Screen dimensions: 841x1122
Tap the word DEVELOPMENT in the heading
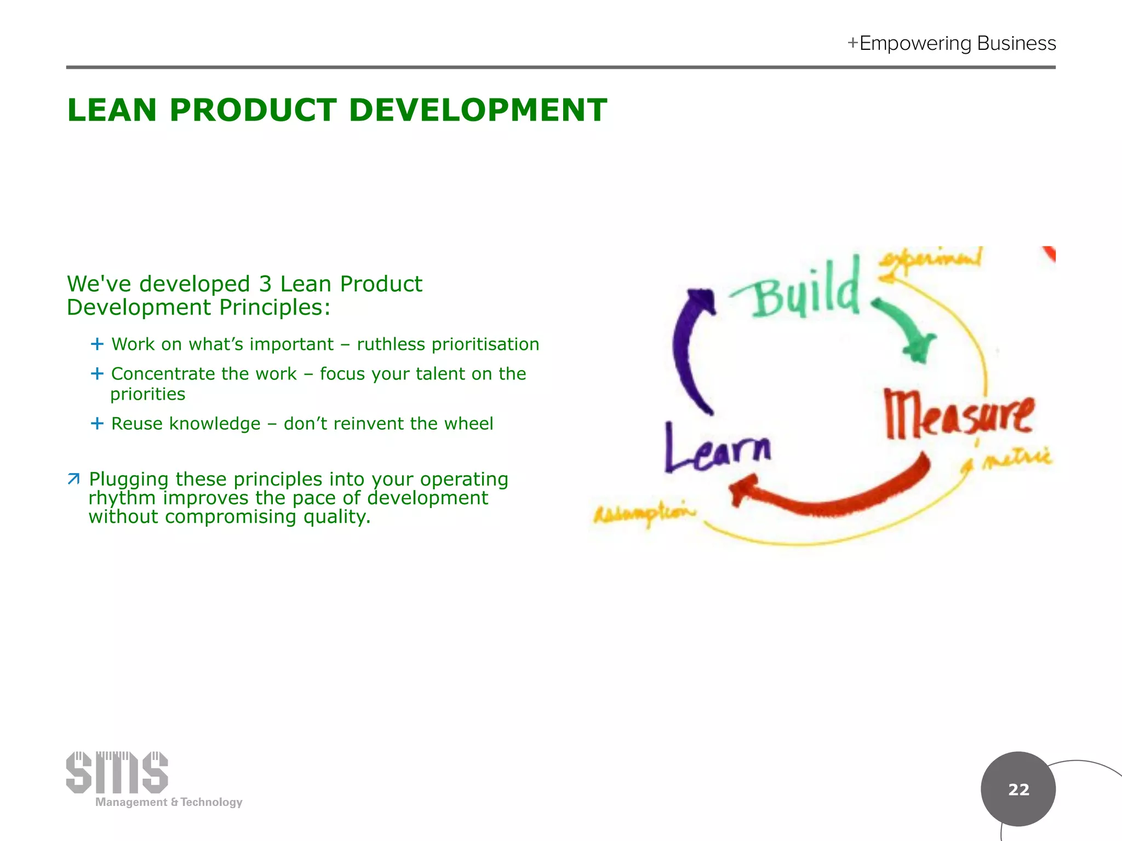tap(477, 110)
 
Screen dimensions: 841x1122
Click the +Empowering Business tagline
tap(952, 43)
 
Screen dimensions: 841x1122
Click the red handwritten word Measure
tap(959, 414)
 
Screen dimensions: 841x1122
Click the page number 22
tap(1018, 789)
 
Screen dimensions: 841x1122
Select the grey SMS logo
tap(117, 772)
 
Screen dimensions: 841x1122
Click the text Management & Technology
tap(169, 802)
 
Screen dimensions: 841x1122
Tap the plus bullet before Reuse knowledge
tap(97, 423)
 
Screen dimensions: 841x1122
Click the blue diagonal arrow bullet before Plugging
tap(74, 479)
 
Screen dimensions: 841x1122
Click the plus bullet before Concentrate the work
tap(97, 373)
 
